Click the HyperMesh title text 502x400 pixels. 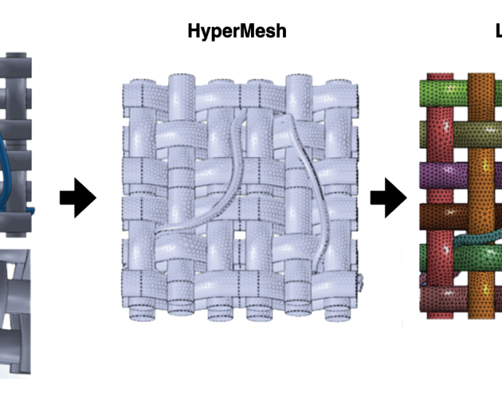[x=237, y=31]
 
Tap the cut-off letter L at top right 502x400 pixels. [x=498, y=31]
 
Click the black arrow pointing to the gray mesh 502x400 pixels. [x=77, y=199]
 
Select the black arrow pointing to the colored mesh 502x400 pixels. [x=388, y=199]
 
